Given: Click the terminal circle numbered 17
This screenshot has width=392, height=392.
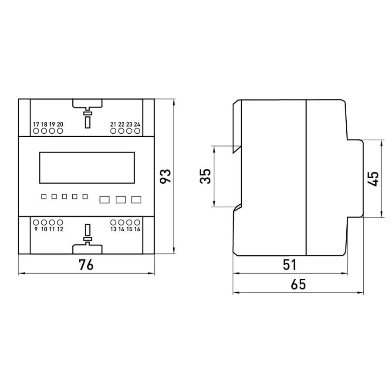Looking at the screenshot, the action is [36, 131].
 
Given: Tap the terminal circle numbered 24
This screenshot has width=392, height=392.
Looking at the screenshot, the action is [137, 131].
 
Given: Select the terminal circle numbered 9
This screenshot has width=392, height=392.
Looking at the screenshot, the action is [36, 222].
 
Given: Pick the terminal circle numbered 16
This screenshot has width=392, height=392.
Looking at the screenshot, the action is [137, 222].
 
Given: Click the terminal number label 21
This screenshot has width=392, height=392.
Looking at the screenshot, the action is [113, 124].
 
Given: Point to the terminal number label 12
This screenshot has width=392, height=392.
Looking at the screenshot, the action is [60, 229].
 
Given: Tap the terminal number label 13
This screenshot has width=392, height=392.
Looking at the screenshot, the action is [113, 229].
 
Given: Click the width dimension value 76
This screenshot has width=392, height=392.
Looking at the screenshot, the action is [86, 265].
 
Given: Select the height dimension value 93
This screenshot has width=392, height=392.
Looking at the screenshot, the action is [166, 176].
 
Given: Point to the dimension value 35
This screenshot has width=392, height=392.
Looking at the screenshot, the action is [206, 176].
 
